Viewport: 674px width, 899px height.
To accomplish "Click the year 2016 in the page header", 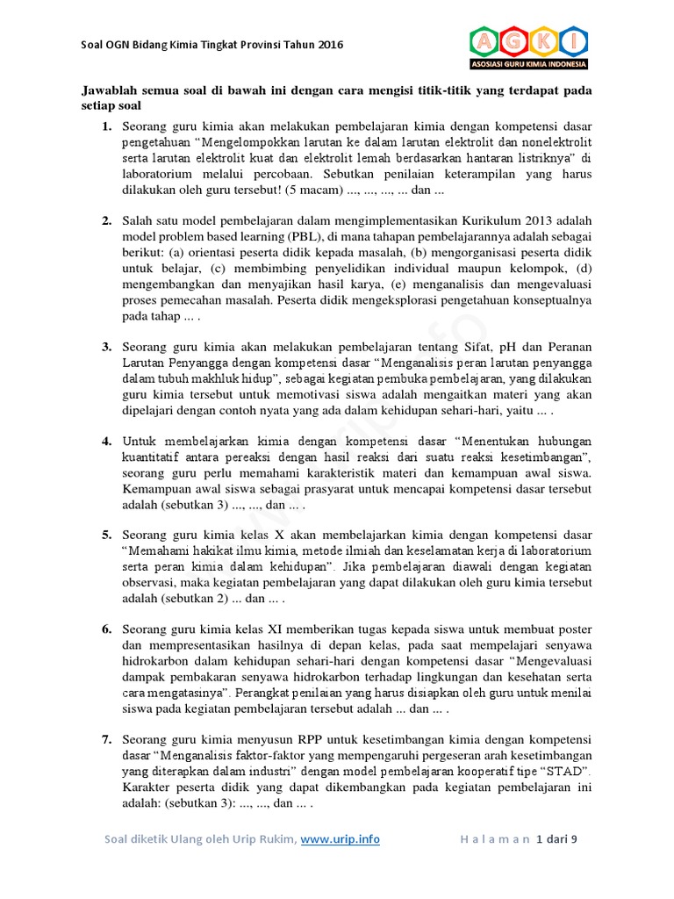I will [x=331, y=45].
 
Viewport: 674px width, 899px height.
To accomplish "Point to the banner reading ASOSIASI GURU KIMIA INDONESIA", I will [x=528, y=64].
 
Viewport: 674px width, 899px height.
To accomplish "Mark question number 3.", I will [x=106, y=348].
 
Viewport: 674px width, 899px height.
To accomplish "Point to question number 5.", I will [x=106, y=535].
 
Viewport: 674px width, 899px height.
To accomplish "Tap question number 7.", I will [x=106, y=739].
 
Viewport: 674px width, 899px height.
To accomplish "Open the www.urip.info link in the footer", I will [x=341, y=839].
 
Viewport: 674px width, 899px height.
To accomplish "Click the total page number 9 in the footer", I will [x=575, y=839].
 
